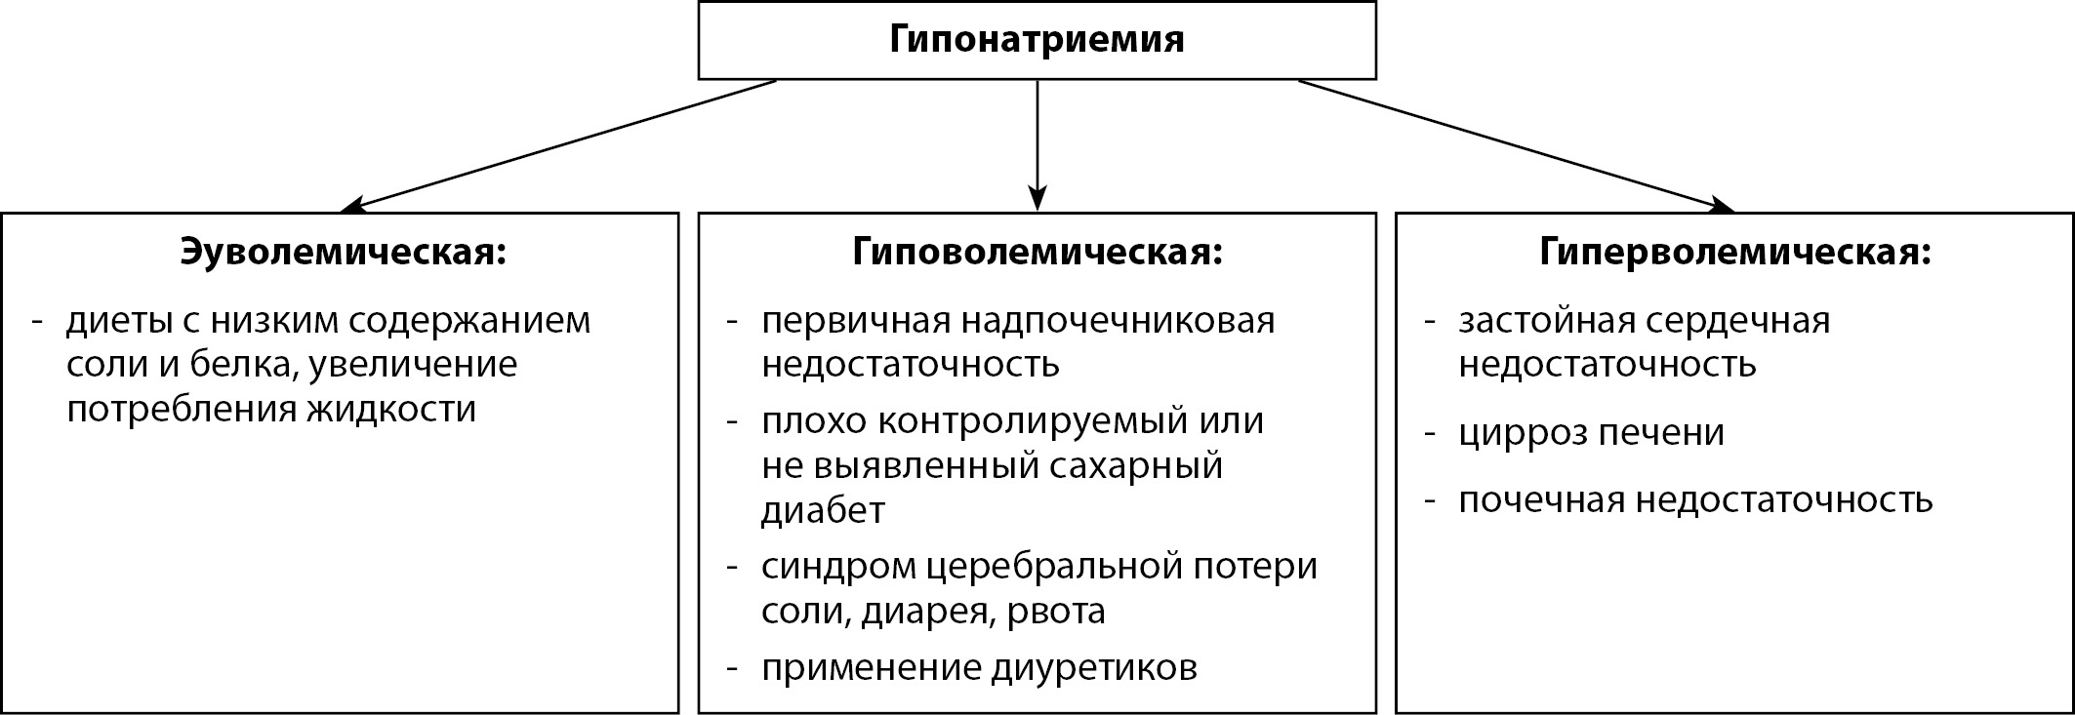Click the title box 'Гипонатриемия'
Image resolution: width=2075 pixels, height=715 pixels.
(1037, 40)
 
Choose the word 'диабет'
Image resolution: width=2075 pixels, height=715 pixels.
(823, 509)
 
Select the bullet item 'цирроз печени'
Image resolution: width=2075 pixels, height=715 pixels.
(1591, 433)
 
